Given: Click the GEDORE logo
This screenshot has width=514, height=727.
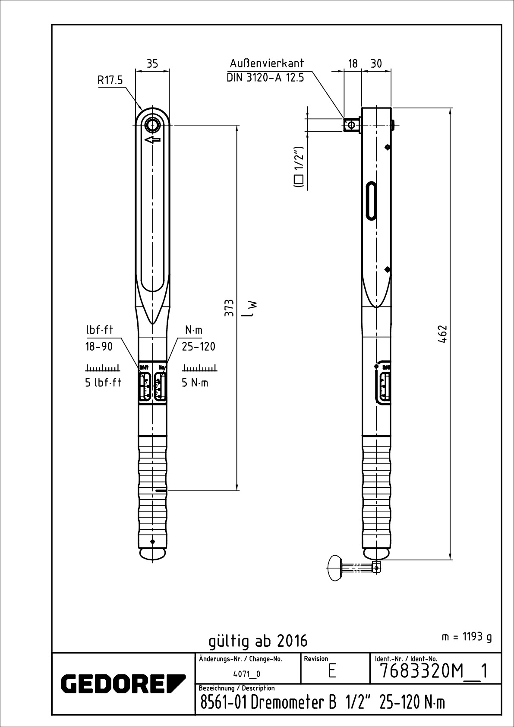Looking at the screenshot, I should click(123, 683).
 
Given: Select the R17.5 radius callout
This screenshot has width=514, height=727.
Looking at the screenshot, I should click(110, 80).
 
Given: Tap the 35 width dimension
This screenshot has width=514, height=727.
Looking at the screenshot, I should click(152, 63).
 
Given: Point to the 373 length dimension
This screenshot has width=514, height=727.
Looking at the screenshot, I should click(230, 307).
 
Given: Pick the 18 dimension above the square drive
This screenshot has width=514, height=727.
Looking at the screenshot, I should click(353, 63).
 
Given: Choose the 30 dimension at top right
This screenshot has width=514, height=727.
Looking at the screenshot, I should click(376, 63).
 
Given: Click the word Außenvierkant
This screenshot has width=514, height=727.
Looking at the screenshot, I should click(267, 63).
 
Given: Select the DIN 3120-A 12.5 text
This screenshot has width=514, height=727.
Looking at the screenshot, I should click(265, 78).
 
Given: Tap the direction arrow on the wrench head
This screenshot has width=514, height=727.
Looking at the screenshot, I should click(152, 140).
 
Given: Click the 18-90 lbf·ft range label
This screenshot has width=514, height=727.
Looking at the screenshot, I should click(98, 346).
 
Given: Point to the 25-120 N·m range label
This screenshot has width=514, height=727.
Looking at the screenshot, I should click(199, 346).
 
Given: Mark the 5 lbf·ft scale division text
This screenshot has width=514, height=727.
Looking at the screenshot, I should click(103, 382).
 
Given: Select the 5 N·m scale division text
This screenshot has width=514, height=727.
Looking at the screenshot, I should click(195, 382).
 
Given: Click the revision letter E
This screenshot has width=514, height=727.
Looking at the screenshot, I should click(332, 672).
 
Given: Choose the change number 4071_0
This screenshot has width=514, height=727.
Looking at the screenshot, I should click(247, 674).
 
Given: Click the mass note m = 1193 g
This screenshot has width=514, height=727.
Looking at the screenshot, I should click(467, 637).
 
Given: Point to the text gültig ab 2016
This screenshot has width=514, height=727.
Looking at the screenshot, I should click(258, 641).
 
